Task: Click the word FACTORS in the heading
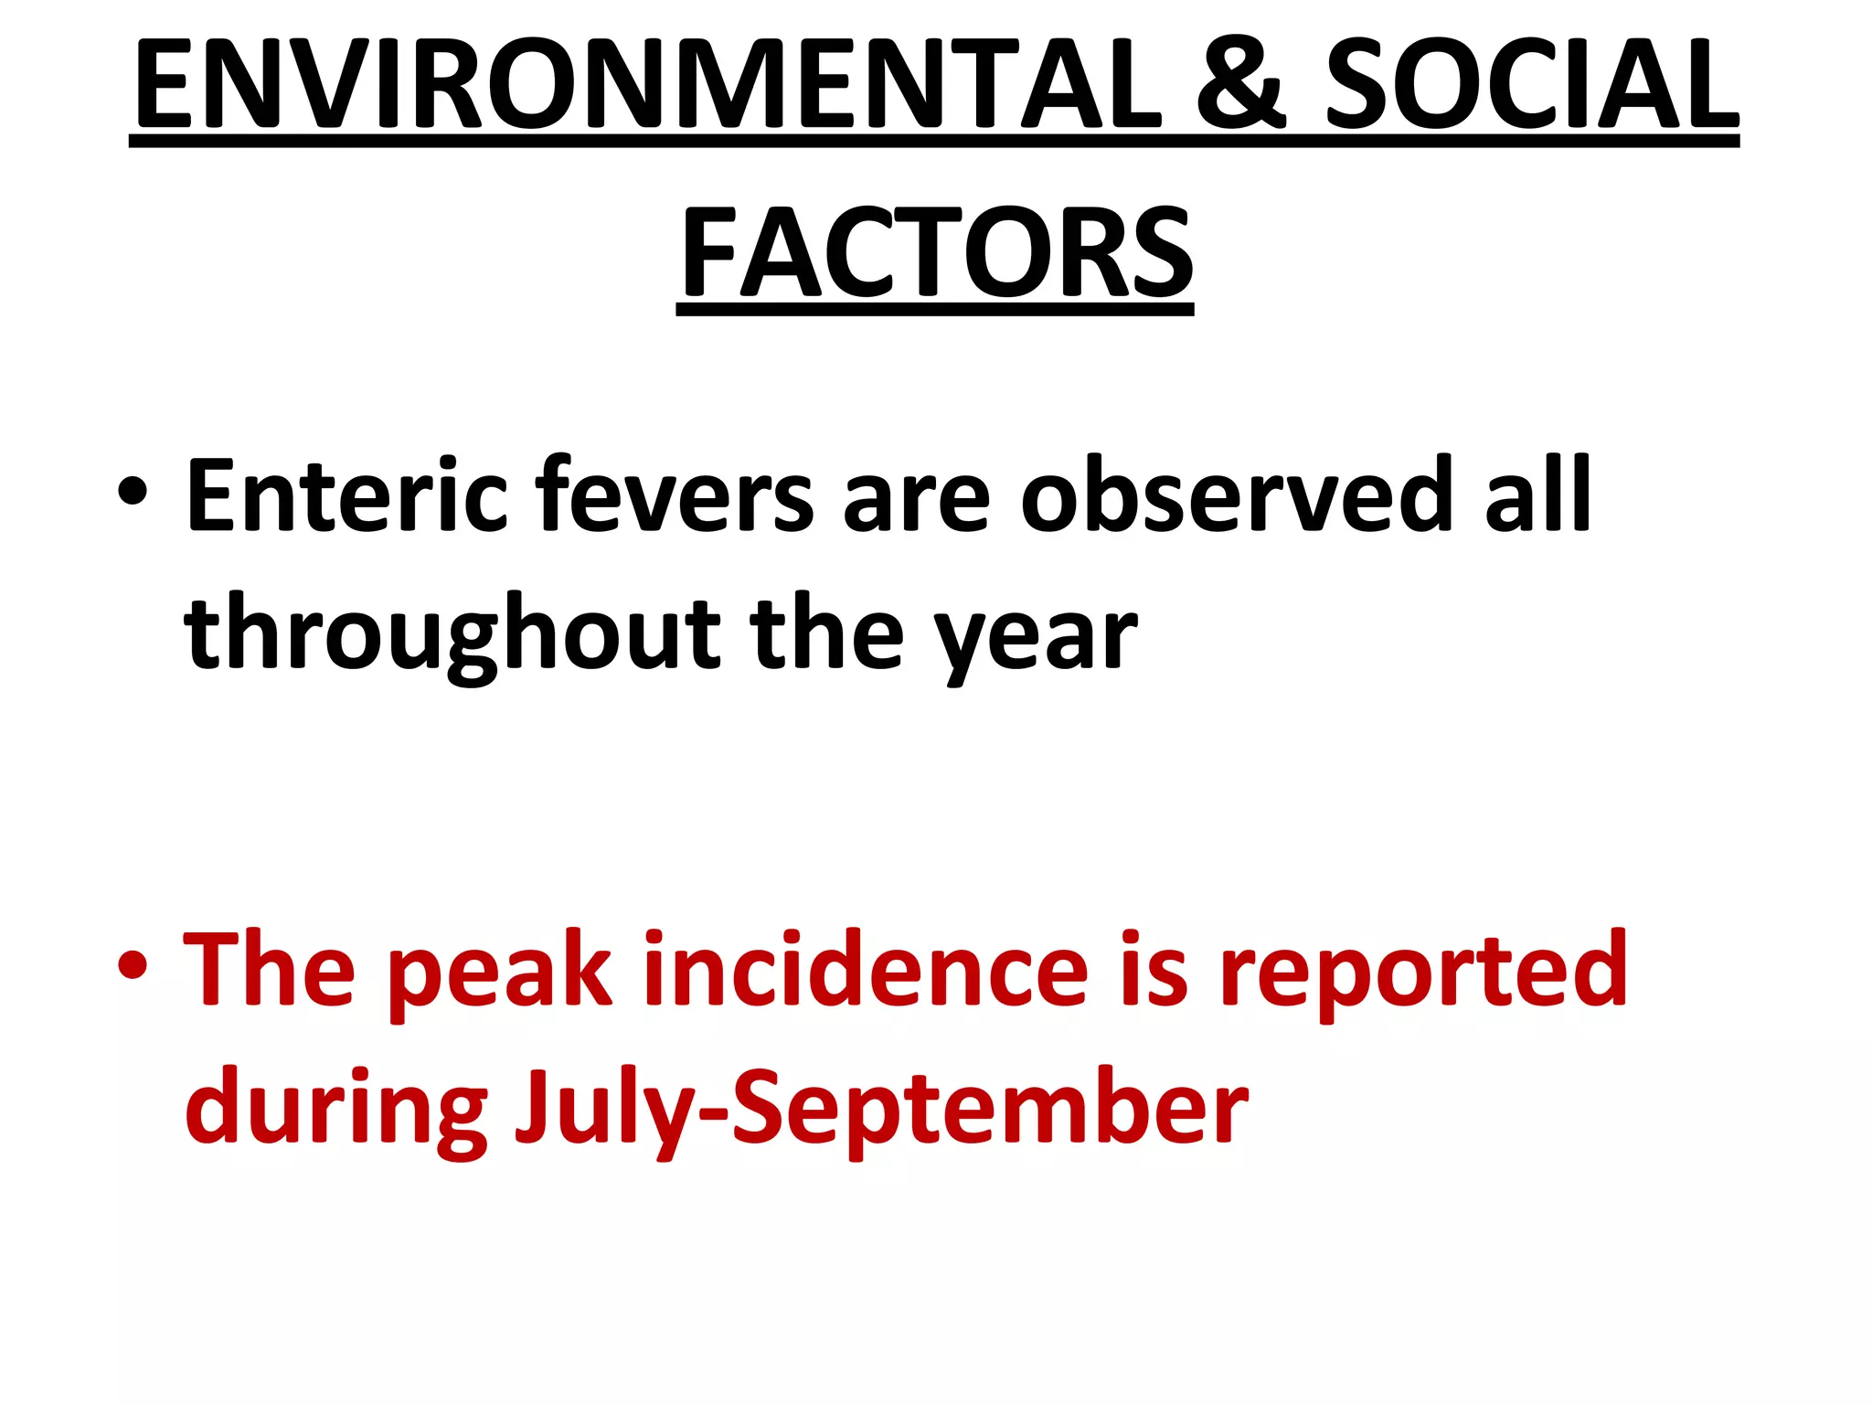pos(935,251)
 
